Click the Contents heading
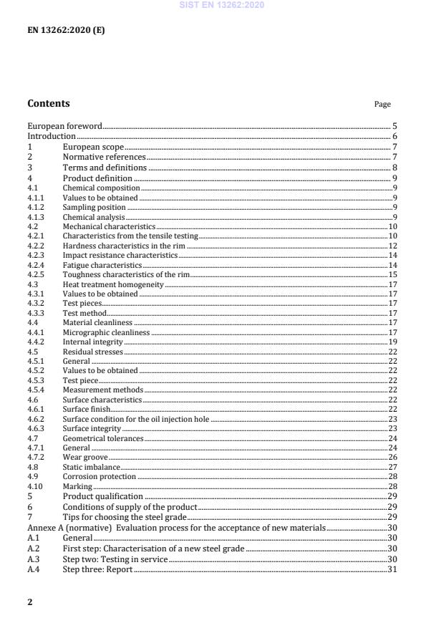tap(49, 103)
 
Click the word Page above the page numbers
tap(382, 105)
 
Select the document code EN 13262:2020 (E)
tap(66, 32)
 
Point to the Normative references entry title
tap(104, 156)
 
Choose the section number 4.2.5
tap(36, 274)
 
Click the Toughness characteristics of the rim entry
tap(126, 274)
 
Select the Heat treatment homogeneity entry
tap(103, 284)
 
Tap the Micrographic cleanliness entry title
tap(106, 333)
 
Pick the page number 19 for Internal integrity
tap(393, 342)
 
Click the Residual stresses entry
tap(92, 352)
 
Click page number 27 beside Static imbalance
tap(393, 467)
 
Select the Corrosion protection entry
tap(99, 477)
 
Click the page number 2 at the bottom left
tap(30, 602)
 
